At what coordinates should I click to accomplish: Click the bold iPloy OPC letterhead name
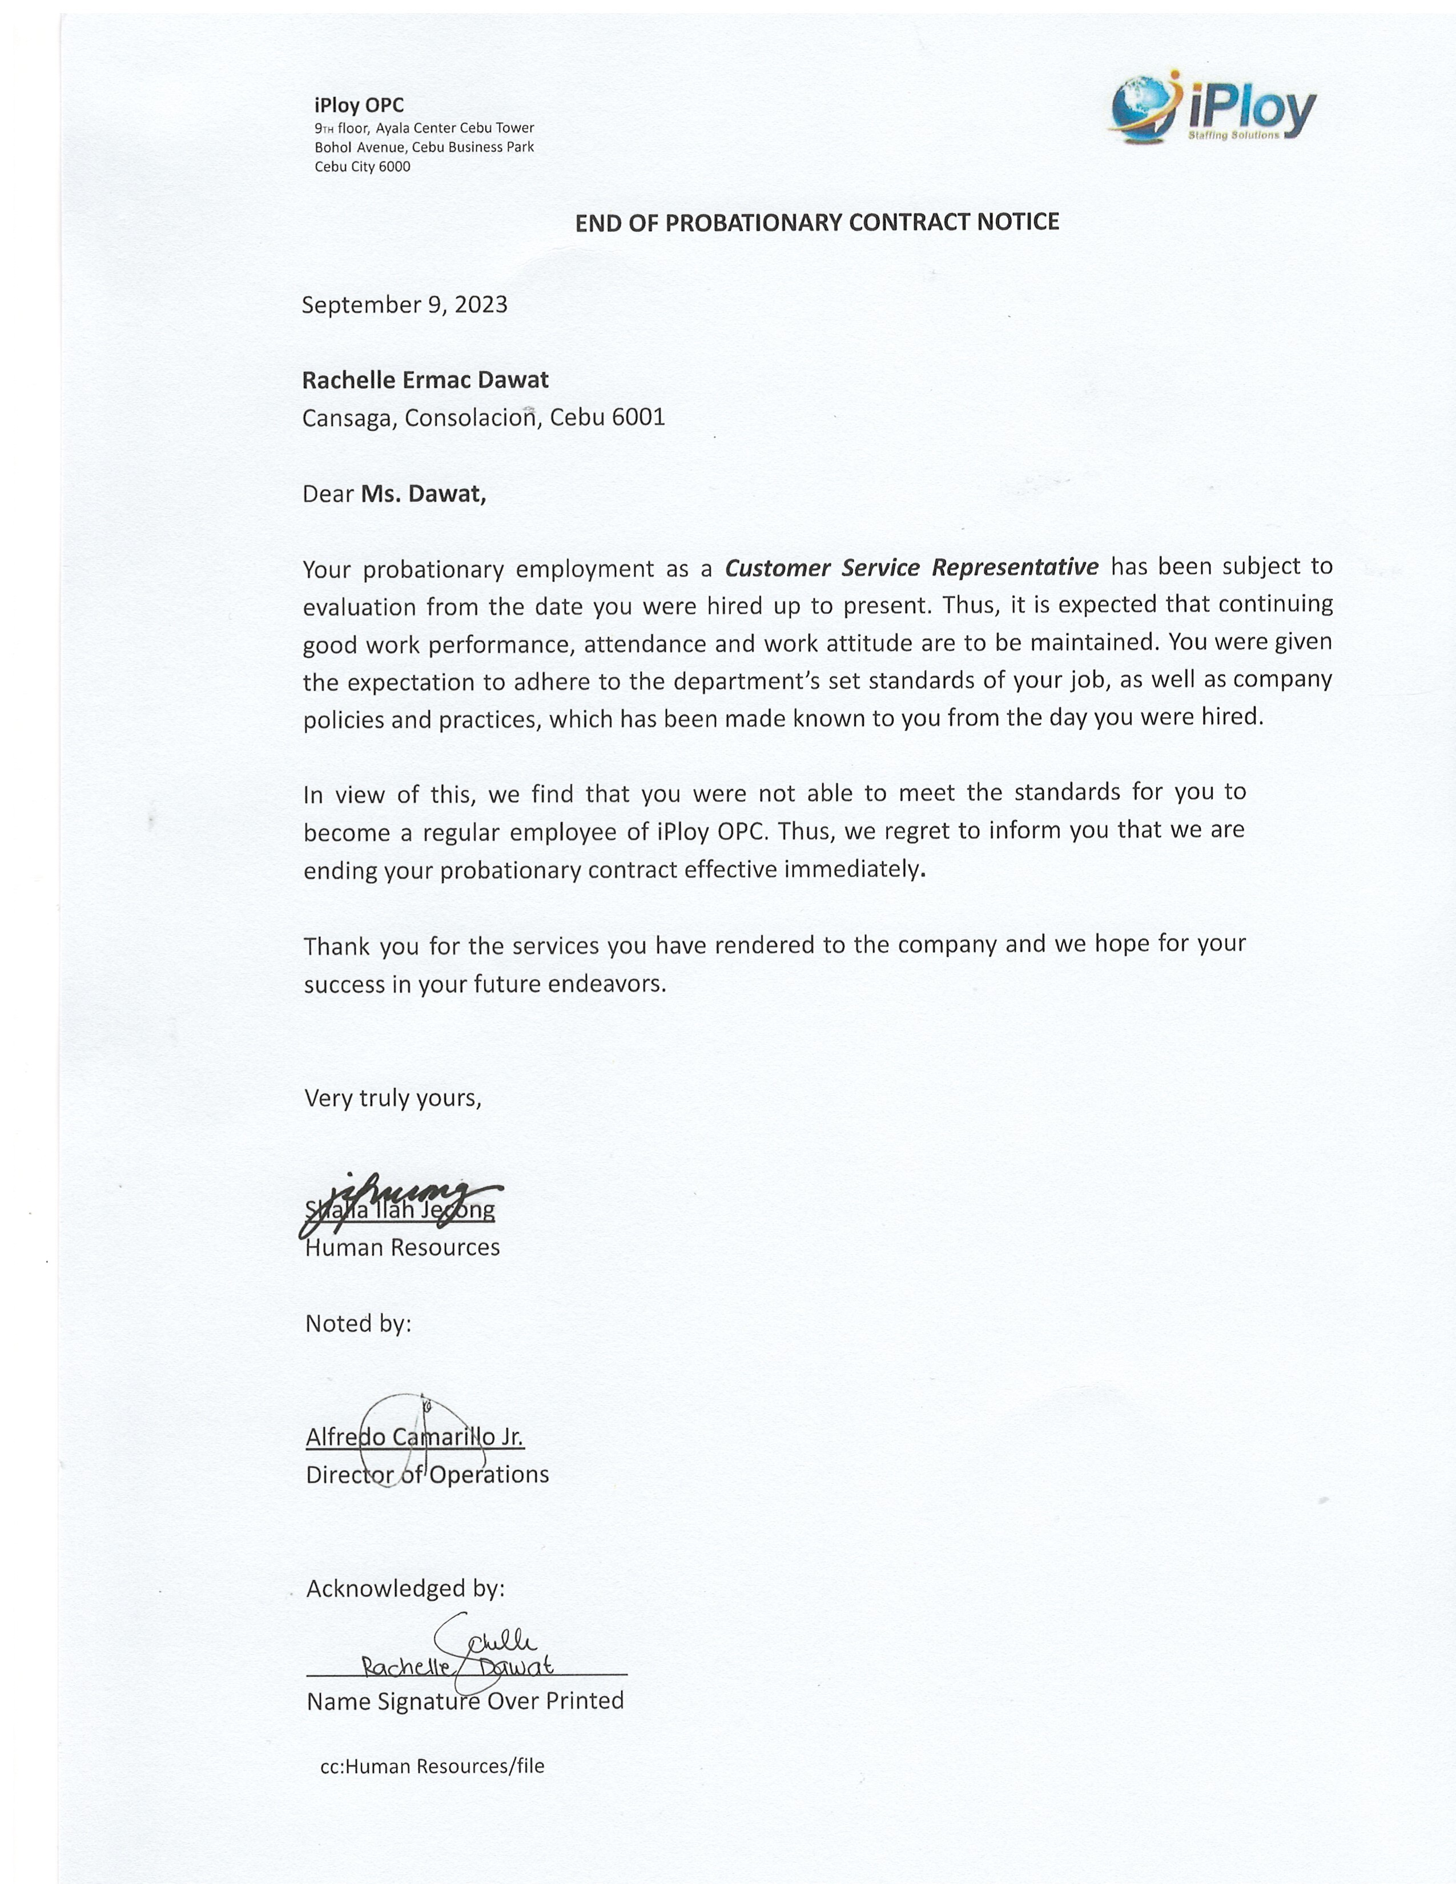click(359, 105)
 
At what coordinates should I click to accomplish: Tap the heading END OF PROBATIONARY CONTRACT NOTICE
click(817, 223)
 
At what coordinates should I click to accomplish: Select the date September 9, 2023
click(405, 304)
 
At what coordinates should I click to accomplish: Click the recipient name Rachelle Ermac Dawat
click(425, 380)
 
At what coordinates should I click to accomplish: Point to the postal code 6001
click(638, 417)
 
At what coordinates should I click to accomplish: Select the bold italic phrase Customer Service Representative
click(912, 567)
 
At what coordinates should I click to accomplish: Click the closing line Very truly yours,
click(393, 1097)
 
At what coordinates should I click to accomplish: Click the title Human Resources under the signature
click(403, 1247)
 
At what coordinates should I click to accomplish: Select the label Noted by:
click(359, 1323)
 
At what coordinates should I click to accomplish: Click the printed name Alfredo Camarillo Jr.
click(415, 1436)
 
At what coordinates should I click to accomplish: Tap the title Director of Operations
click(428, 1474)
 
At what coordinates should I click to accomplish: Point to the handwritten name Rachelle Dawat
click(458, 1665)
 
